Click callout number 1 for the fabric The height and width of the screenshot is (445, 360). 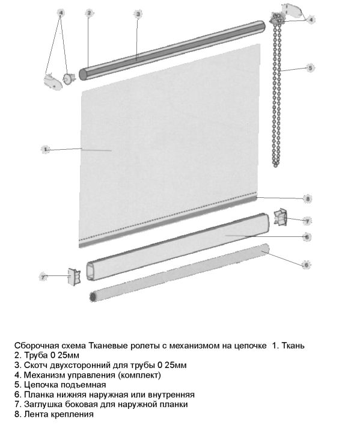pos(46,149)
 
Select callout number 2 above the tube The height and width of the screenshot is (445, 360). pos(89,13)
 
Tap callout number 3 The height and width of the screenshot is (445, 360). pos(138,14)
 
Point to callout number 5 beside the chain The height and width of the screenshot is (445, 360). pos(310,68)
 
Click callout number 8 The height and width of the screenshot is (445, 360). pos(307,198)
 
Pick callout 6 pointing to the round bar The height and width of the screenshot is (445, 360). pos(306,265)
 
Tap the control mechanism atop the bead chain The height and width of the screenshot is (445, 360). pos(276,19)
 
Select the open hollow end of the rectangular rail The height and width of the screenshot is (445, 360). pos(91,272)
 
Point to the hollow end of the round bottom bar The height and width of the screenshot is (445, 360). pos(93,297)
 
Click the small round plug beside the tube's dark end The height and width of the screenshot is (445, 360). pos(69,78)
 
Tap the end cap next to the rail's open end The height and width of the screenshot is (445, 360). pos(74,277)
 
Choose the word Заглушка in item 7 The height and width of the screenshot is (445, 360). pos(43,404)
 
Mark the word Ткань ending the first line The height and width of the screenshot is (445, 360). pos(293,346)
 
